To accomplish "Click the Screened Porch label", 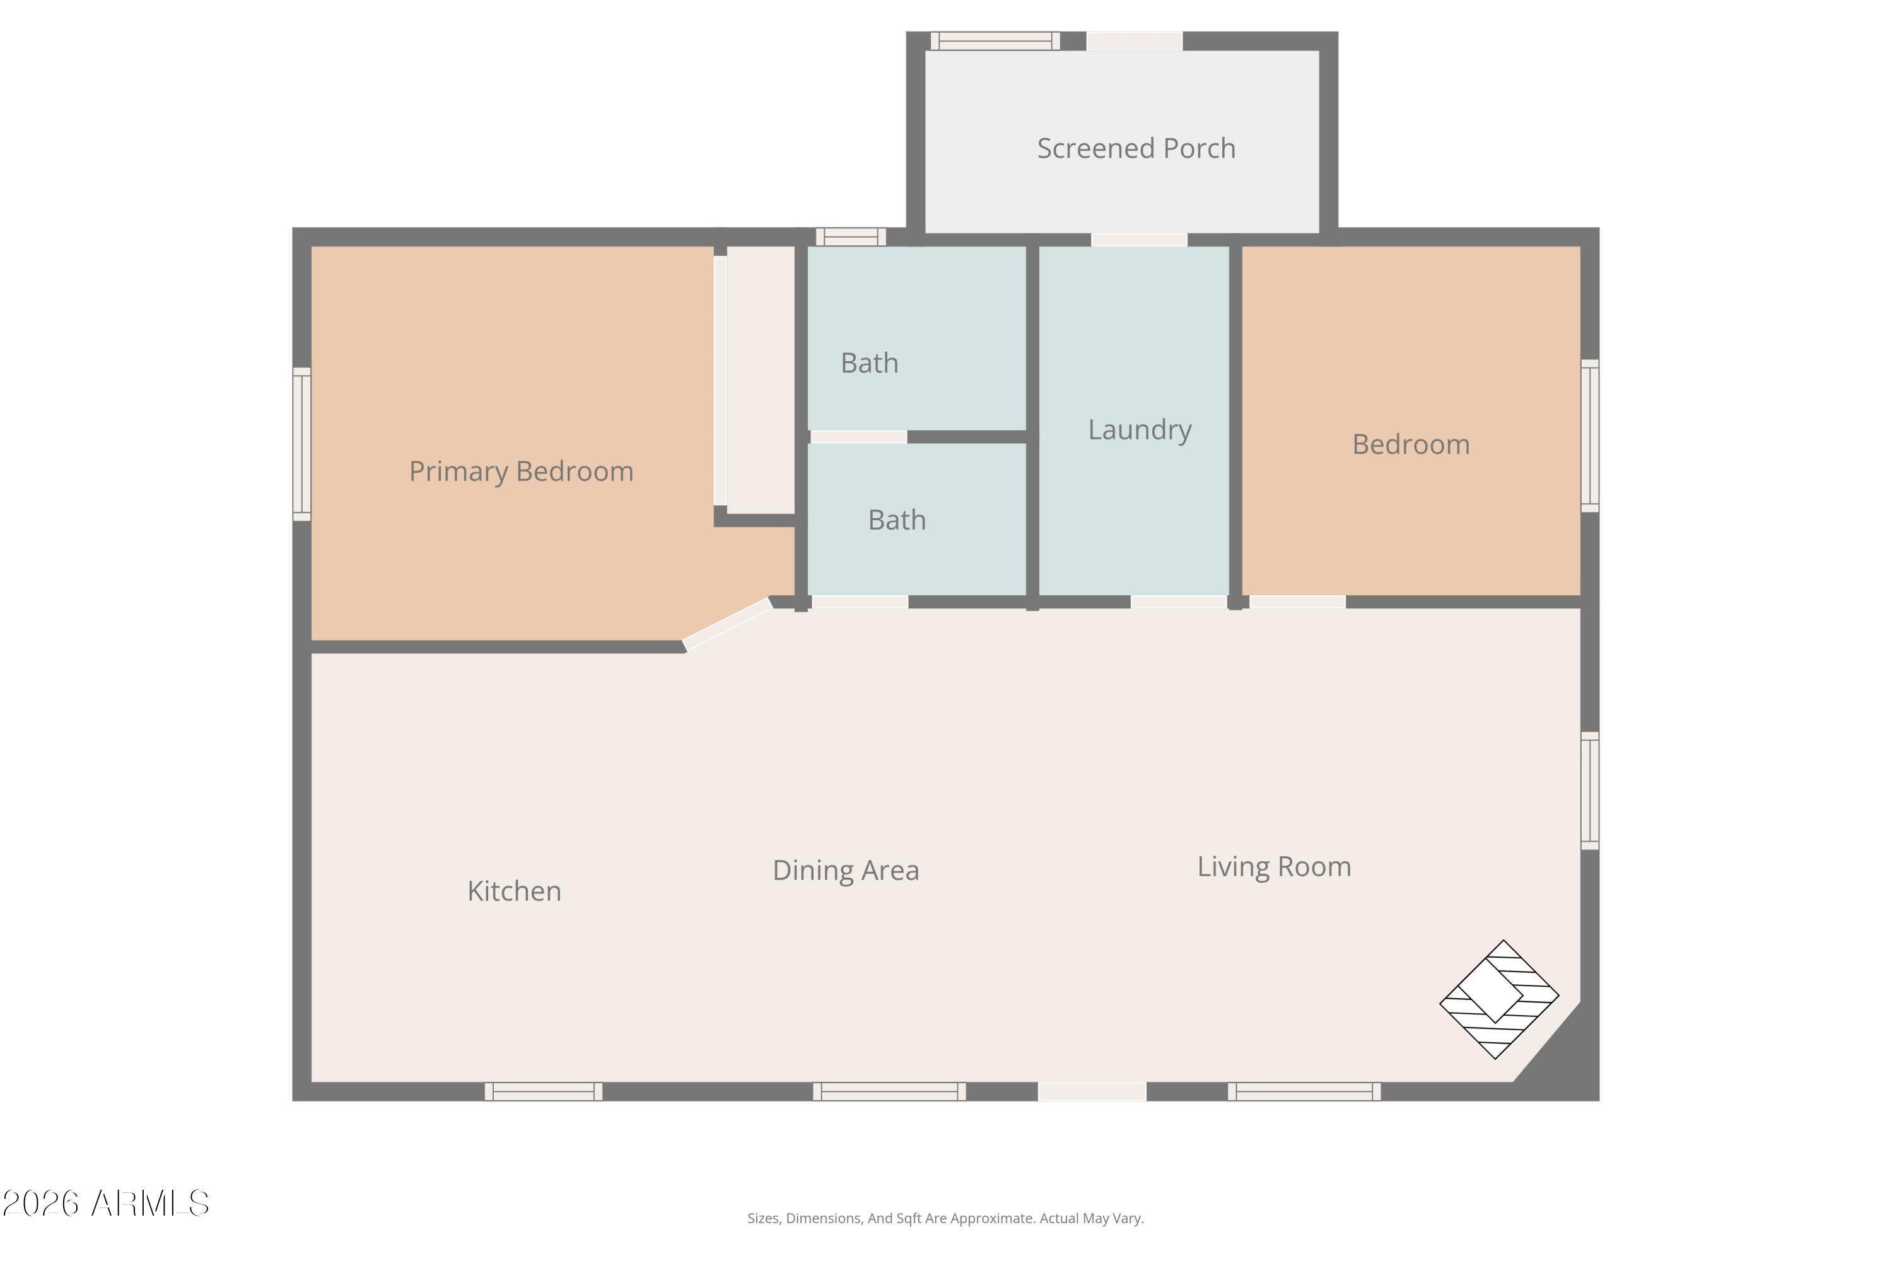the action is [x=1136, y=149].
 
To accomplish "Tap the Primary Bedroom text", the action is [x=522, y=471].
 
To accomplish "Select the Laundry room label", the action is [x=1140, y=430].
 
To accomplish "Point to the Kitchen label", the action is [x=514, y=891].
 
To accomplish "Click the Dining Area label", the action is [x=846, y=871].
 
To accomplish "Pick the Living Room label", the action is [x=1274, y=867].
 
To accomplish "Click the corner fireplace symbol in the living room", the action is [x=1498, y=999].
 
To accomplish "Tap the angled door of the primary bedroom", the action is [x=727, y=624].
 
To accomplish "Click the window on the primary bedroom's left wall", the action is [x=301, y=444].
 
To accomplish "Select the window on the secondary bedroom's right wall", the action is [x=1589, y=435].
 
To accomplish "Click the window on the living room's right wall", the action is [x=1589, y=791].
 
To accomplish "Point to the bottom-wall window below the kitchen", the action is [x=544, y=1091].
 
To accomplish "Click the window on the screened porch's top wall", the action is [x=995, y=41].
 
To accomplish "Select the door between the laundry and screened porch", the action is [x=1139, y=240].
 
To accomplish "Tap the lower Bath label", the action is [x=897, y=520].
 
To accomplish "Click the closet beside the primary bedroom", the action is [x=760, y=380].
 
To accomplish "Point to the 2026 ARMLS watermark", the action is [x=105, y=1204].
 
